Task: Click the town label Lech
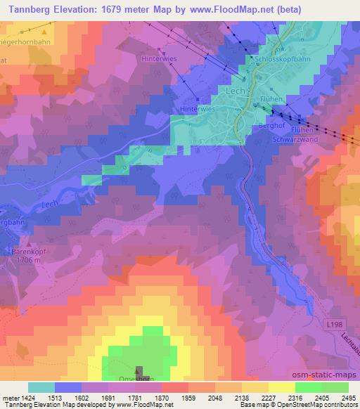235,92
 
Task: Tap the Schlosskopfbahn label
283,60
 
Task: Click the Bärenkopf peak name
27,250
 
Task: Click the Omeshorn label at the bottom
137,379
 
